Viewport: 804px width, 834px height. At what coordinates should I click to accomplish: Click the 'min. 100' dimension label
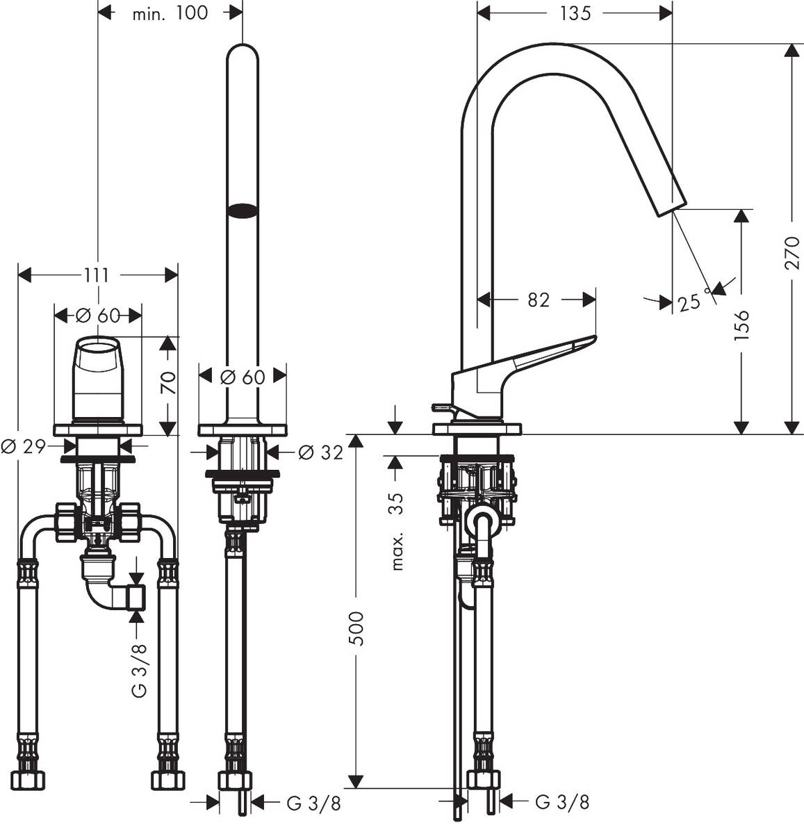pyautogui.click(x=170, y=13)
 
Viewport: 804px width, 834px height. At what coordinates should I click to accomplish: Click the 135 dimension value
pyautogui.click(x=574, y=13)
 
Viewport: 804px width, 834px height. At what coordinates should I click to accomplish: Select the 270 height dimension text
pyautogui.click(x=792, y=252)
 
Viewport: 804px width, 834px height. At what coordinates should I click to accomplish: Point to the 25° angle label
pyautogui.click(x=691, y=302)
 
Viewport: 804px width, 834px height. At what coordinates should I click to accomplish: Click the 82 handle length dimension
pyautogui.click(x=539, y=300)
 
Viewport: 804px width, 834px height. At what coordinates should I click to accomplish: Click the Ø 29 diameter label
pyautogui.click(x=22, y=446)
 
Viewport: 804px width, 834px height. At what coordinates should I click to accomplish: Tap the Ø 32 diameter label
pyautogui.click(x=320, y=452)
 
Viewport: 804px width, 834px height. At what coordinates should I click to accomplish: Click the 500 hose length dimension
pyautogui.click(x=355, y=628)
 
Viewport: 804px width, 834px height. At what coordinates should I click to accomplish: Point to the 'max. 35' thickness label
pyautogui.click(x=396, y=532)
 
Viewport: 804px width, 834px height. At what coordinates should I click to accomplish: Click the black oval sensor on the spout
pyautogui.click(x=243, y=210)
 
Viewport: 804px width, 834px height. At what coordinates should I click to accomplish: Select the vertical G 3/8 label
pyautogui.click(x=139, y=670)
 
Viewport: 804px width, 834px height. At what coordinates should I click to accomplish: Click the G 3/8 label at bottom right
pyautogui.click(x=562, y=802)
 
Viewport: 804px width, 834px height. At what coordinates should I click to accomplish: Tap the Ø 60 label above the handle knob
pyautogui.click(x=97, y=315)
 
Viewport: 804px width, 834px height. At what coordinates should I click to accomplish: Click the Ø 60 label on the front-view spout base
pyautogui.click(x=243, y=377)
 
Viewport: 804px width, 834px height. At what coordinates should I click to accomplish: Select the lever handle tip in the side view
pyautogui.click(x=592, y=339)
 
